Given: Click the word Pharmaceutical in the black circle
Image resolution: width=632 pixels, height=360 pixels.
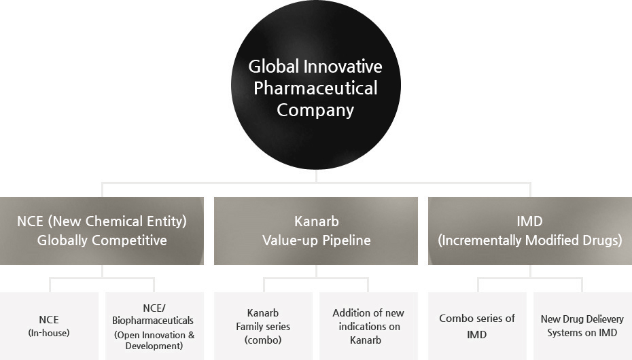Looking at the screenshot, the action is (315, 88).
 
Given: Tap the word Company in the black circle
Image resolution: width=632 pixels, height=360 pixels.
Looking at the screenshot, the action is (315, 110).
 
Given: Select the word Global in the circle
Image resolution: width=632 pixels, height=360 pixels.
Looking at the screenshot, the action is (274, 67).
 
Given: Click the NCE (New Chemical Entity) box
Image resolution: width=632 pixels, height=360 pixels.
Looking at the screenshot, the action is (102, 231).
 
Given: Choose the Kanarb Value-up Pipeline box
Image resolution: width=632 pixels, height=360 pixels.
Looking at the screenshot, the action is (316, 231).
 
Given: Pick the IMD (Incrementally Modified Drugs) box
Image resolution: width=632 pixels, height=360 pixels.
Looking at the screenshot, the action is (530, 231).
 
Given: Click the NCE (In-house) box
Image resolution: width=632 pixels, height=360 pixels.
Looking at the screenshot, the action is (49, 326).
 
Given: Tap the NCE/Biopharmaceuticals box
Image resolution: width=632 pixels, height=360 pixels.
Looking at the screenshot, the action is (154, 326).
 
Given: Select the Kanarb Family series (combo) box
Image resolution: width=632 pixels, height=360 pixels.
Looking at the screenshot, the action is (263, 326).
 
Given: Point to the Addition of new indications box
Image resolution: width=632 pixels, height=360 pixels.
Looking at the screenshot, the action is (368, 326).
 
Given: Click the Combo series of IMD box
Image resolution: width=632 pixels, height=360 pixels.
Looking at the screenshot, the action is (477, 326).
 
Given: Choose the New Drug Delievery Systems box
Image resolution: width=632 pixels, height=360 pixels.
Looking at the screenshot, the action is (582, 326).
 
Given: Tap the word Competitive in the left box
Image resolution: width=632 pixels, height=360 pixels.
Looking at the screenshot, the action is (128, 240).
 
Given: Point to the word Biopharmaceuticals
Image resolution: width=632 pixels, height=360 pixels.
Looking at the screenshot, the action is (153, 321).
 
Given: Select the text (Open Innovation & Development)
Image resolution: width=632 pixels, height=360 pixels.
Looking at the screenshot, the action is (154, 340).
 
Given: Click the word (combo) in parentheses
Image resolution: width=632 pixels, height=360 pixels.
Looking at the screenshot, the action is (263, 340).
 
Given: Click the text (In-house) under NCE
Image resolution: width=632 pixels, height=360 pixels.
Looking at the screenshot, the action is (49, 333).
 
